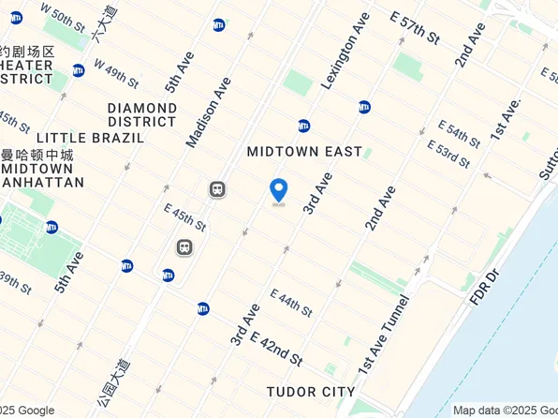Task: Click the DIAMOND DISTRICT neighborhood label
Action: point(142,114)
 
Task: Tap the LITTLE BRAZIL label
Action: point(91,137)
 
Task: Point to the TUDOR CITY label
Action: point(311,391)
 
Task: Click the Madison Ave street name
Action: point(208,112)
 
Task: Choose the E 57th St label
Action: point(415,29)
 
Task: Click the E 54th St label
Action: point(459,133)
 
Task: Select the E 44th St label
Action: point(291,303)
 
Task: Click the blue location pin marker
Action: point(278,190)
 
